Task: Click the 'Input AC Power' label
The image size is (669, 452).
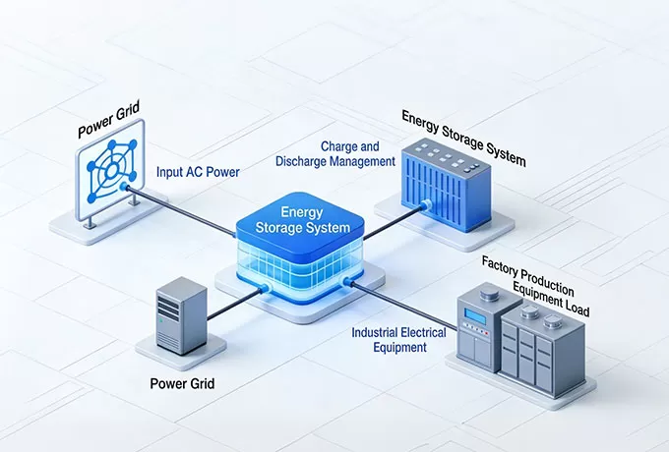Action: pos(199,171)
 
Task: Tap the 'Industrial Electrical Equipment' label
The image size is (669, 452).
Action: pos(398,340)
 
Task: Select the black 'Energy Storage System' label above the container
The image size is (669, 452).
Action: pos(463,137)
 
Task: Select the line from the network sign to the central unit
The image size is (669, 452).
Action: pos(187,208)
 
